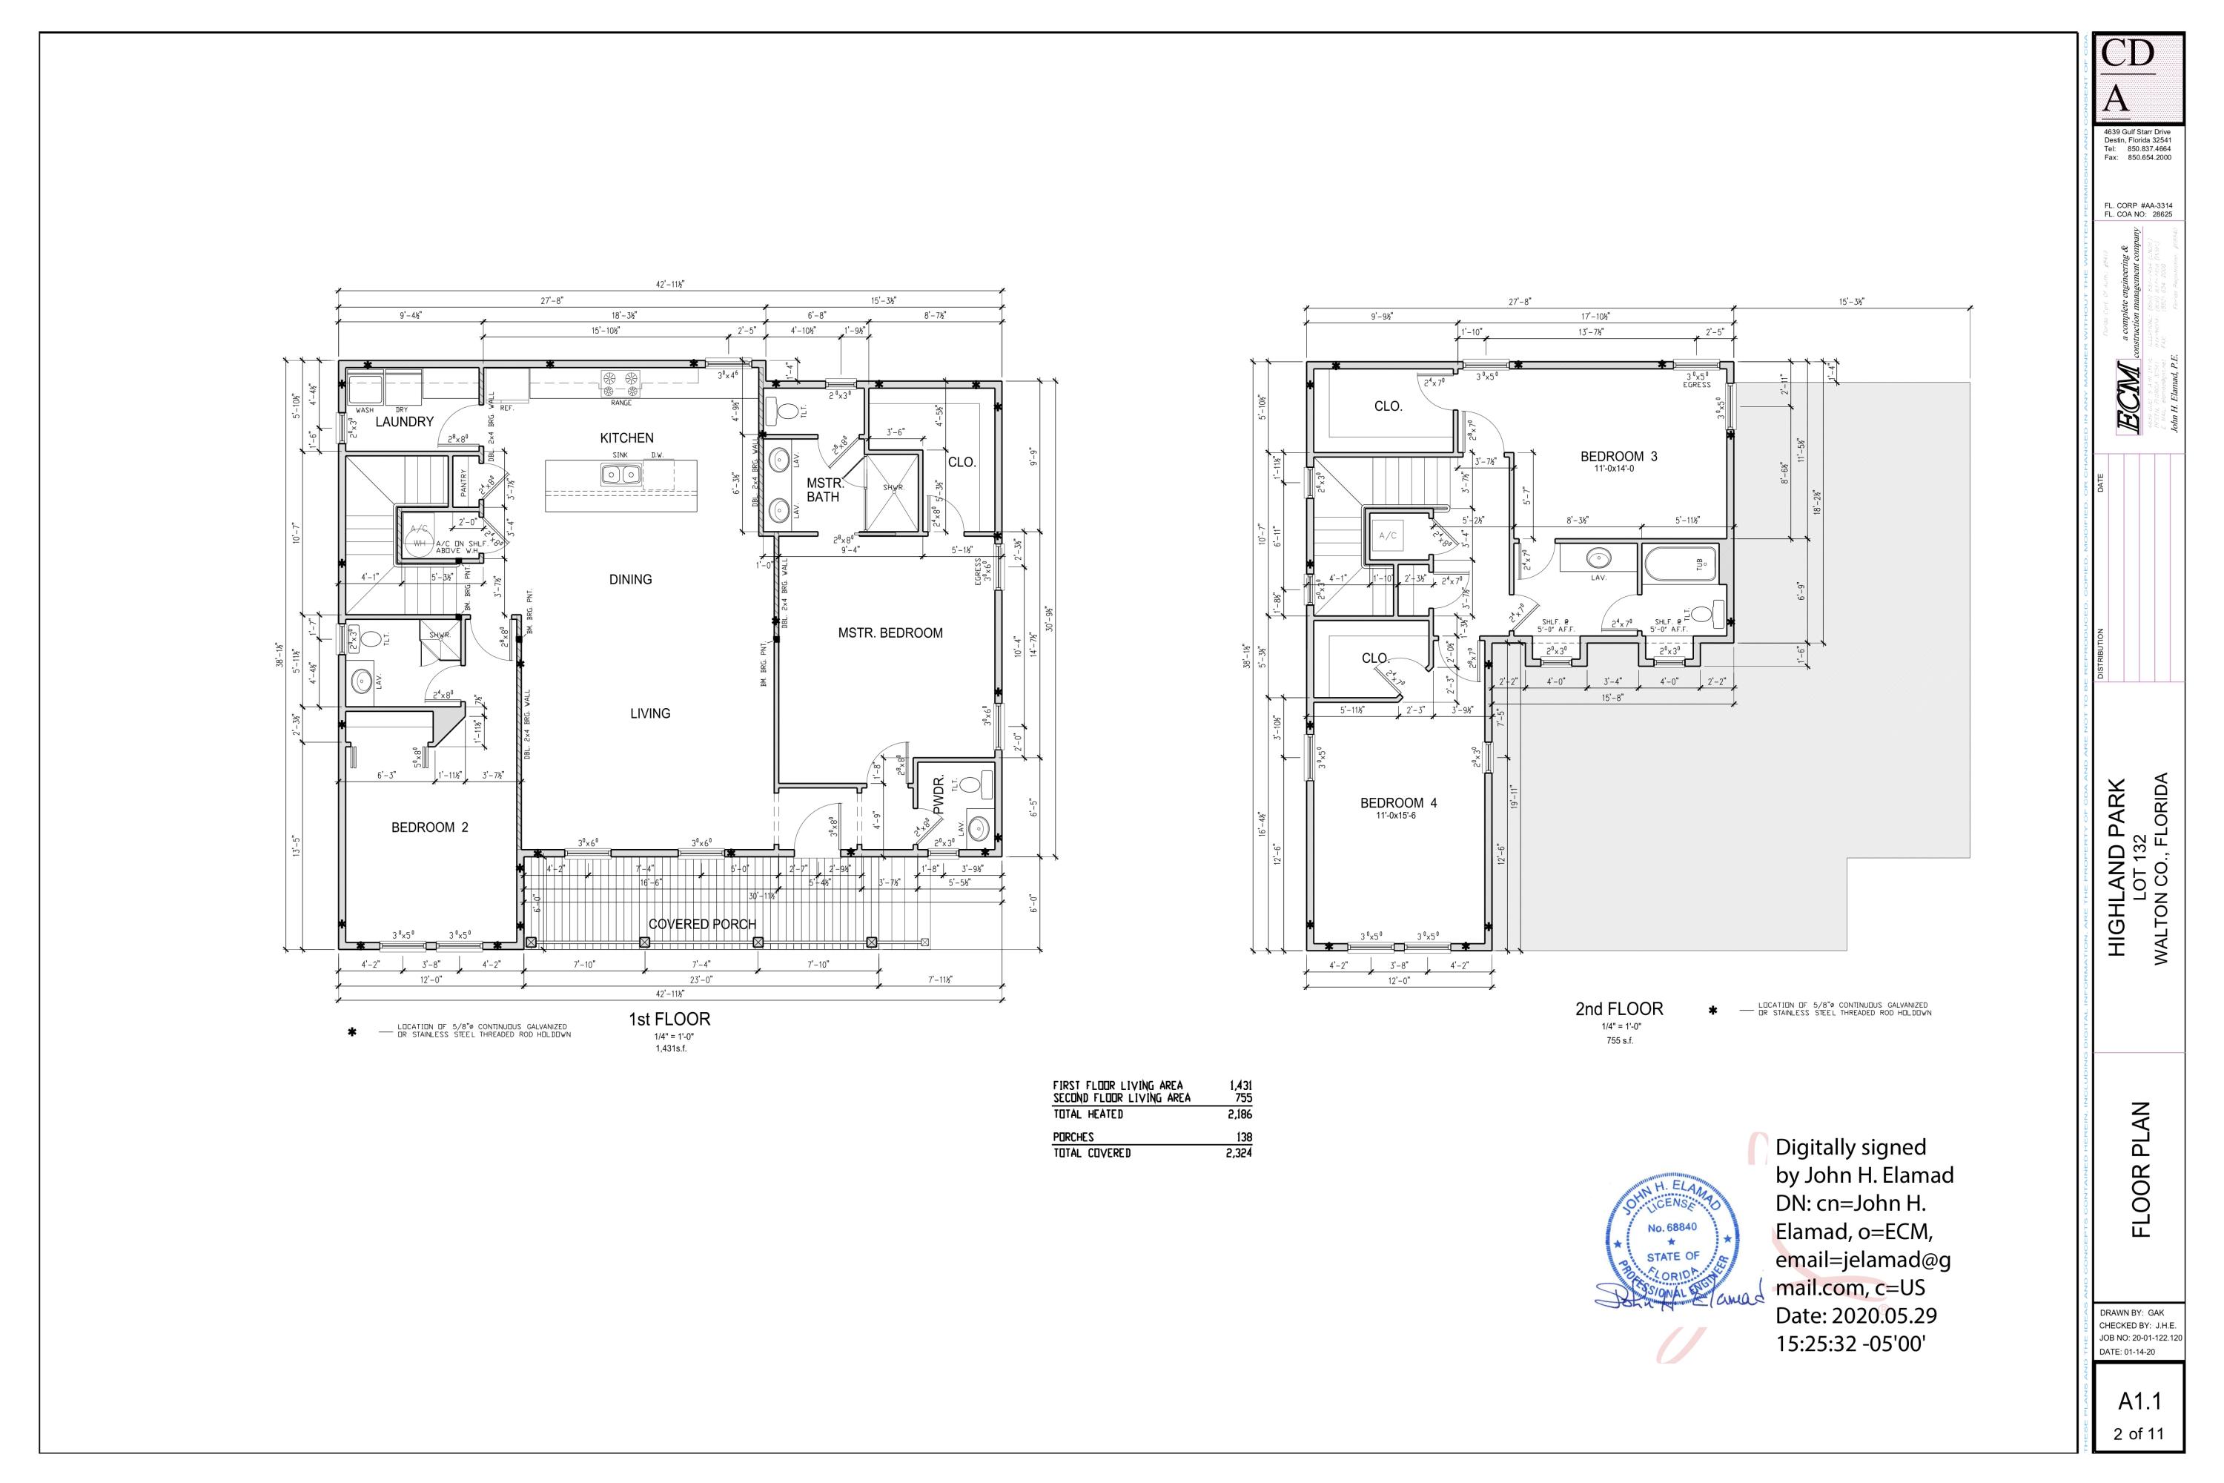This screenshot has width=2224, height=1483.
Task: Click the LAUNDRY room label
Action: (x=404, y=422)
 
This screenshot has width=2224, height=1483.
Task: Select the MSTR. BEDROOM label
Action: (x=890, y=632)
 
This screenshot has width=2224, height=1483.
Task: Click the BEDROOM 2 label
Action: (x=429, y=828)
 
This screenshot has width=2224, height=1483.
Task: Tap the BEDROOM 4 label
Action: (x=1397, y=803)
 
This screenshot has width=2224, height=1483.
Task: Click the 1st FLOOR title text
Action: (x=669, y=1020)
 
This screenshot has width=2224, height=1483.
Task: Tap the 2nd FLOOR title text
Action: (x=1619, y=1009)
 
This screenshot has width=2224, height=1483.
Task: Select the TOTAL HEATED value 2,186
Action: (x=1239, y=1115)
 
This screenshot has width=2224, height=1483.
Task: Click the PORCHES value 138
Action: (x=1245, y=1137)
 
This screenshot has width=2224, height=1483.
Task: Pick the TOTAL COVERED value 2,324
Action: (x=1239, y=1154)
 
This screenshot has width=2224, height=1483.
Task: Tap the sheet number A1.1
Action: (x=2139, y=1401)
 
